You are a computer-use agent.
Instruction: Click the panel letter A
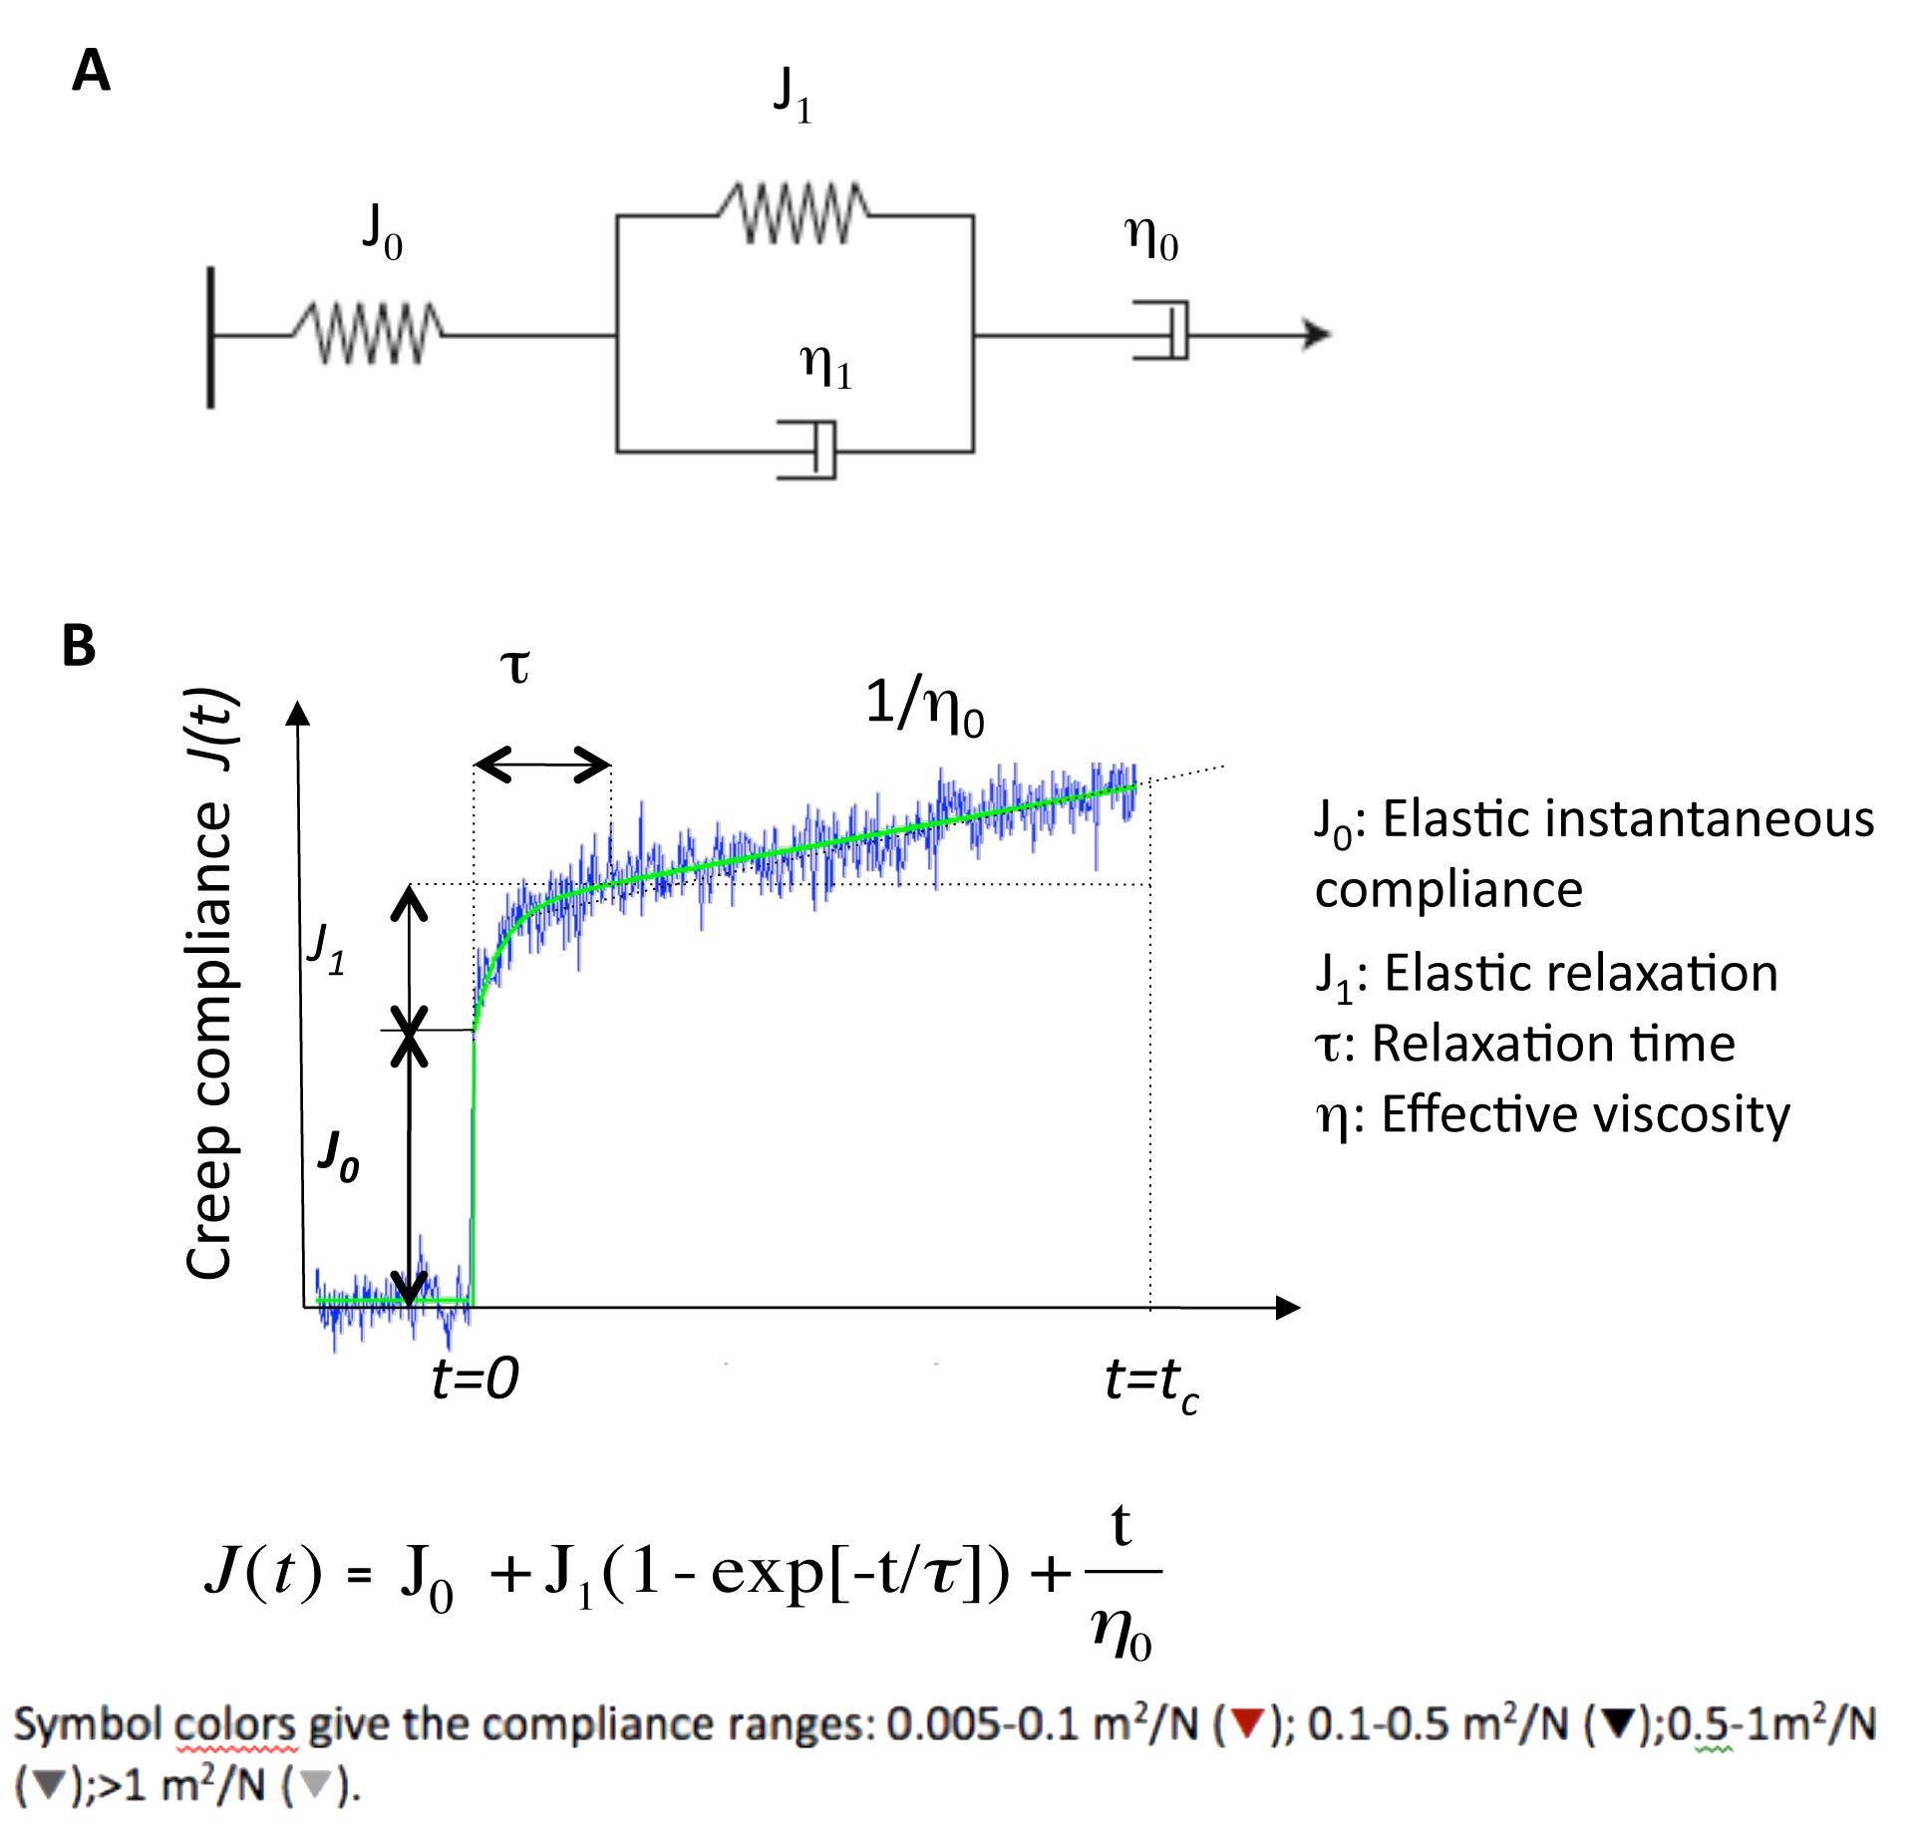click(91, 72)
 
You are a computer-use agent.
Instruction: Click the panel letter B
click(79, 645)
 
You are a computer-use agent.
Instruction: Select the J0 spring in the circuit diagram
click(368, 334)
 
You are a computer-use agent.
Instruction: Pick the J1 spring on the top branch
click(794, 212)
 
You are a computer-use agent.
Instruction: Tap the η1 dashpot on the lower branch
click(810, 451)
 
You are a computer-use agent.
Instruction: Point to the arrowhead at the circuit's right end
click(1317, 334)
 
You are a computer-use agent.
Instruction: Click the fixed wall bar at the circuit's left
click(210, 337)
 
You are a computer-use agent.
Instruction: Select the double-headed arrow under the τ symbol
click(542, 765)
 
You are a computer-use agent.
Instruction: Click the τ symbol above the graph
click(515, 666)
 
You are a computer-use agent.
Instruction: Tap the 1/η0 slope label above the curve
click(924, 706)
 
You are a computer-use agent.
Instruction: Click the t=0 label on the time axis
click(475, 1380)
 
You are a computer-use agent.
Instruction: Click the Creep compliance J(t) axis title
click(211, 982)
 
